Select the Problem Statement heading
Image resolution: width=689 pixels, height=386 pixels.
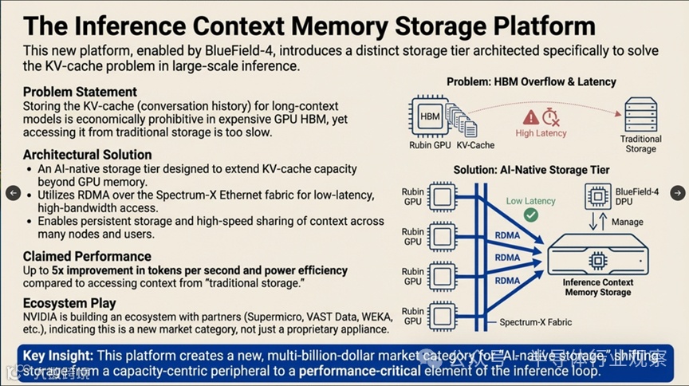[x=80, y=92]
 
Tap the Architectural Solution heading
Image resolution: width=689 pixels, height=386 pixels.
[x=87, y=154]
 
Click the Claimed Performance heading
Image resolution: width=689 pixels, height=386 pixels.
[x=87, y=256]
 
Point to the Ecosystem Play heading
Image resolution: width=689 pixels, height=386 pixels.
[x=69, y=303]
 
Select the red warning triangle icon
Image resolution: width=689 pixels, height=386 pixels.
[x=530, y=117]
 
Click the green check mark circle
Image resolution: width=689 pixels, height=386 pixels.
[x=530, y=215]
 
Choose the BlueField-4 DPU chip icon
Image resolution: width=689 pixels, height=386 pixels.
[x=598, y=196]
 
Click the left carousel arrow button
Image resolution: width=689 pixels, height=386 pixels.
[x=13, y=193]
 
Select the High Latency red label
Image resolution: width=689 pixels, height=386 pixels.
[x=541, y=133]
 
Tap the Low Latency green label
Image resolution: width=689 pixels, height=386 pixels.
[x=530, y=201]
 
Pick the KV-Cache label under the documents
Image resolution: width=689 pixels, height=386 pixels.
[x=476, y=145]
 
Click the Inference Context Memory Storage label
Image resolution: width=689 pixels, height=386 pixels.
[x=599, y=287]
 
